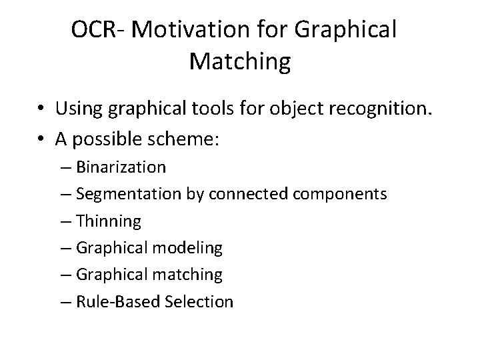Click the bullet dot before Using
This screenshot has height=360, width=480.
41,107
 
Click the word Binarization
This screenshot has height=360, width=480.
121,166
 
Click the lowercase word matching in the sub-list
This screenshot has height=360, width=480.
189,275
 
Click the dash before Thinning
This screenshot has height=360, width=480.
70,221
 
